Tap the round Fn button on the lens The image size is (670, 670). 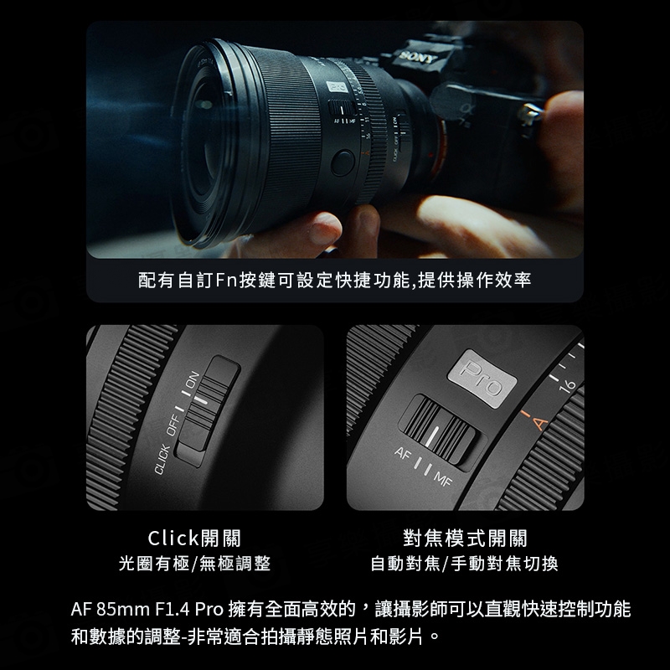(x=342, y=162)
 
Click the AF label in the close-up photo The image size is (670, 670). (x=405, y=457)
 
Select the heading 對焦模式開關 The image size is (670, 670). (x=465, y=539)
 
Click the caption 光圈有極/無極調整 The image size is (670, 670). (x=194, y=564)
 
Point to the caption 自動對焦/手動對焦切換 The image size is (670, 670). (x=465, y=564)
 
